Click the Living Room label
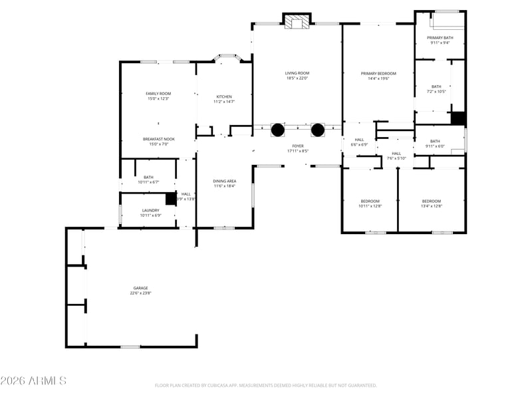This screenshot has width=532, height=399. pyautogui.click(x=297, y=73)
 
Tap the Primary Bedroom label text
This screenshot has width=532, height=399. pyautogui.click(x=378, y=73)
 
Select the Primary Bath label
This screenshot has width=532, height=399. pyautogui.click(x=440, y=38)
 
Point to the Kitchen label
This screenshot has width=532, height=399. pyautogui.click(x=223, y=97)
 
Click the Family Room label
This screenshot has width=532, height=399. pyautogui.click(x=158, y=94)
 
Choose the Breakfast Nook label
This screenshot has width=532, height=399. pyautogui.click(x=158, y=139)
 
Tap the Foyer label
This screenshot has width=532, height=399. pyautogui.click(x=297, y=146)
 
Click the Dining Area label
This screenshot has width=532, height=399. pyautogui.click(x=224, y=181)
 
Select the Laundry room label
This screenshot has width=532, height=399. pyautogui.click(x=150, y=210)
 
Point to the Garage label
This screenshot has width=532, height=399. pyautogui.click(x=140, y=288)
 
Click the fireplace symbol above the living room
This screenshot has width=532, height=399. pyautogui.click(x=297, y=23)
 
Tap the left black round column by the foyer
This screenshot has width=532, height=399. pyautogui.click(x=277, y=130)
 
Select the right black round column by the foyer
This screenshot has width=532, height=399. pyautogui.click(x=317, y=130)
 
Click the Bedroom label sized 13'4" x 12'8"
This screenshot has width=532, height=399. pyautogui.click(x=431, y=201)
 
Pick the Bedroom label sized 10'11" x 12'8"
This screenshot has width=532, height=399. pyautogui.click(x=370, y=201)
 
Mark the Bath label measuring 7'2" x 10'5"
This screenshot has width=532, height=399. pyautogui.click(x=436, y=86)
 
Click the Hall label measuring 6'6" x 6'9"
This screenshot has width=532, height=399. pyautogui.click(x=359, y=140)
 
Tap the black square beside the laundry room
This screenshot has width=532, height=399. pyautogui.click(x=170, y=198)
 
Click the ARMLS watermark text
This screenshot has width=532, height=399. pyautogui.click(x=33, y=381)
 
